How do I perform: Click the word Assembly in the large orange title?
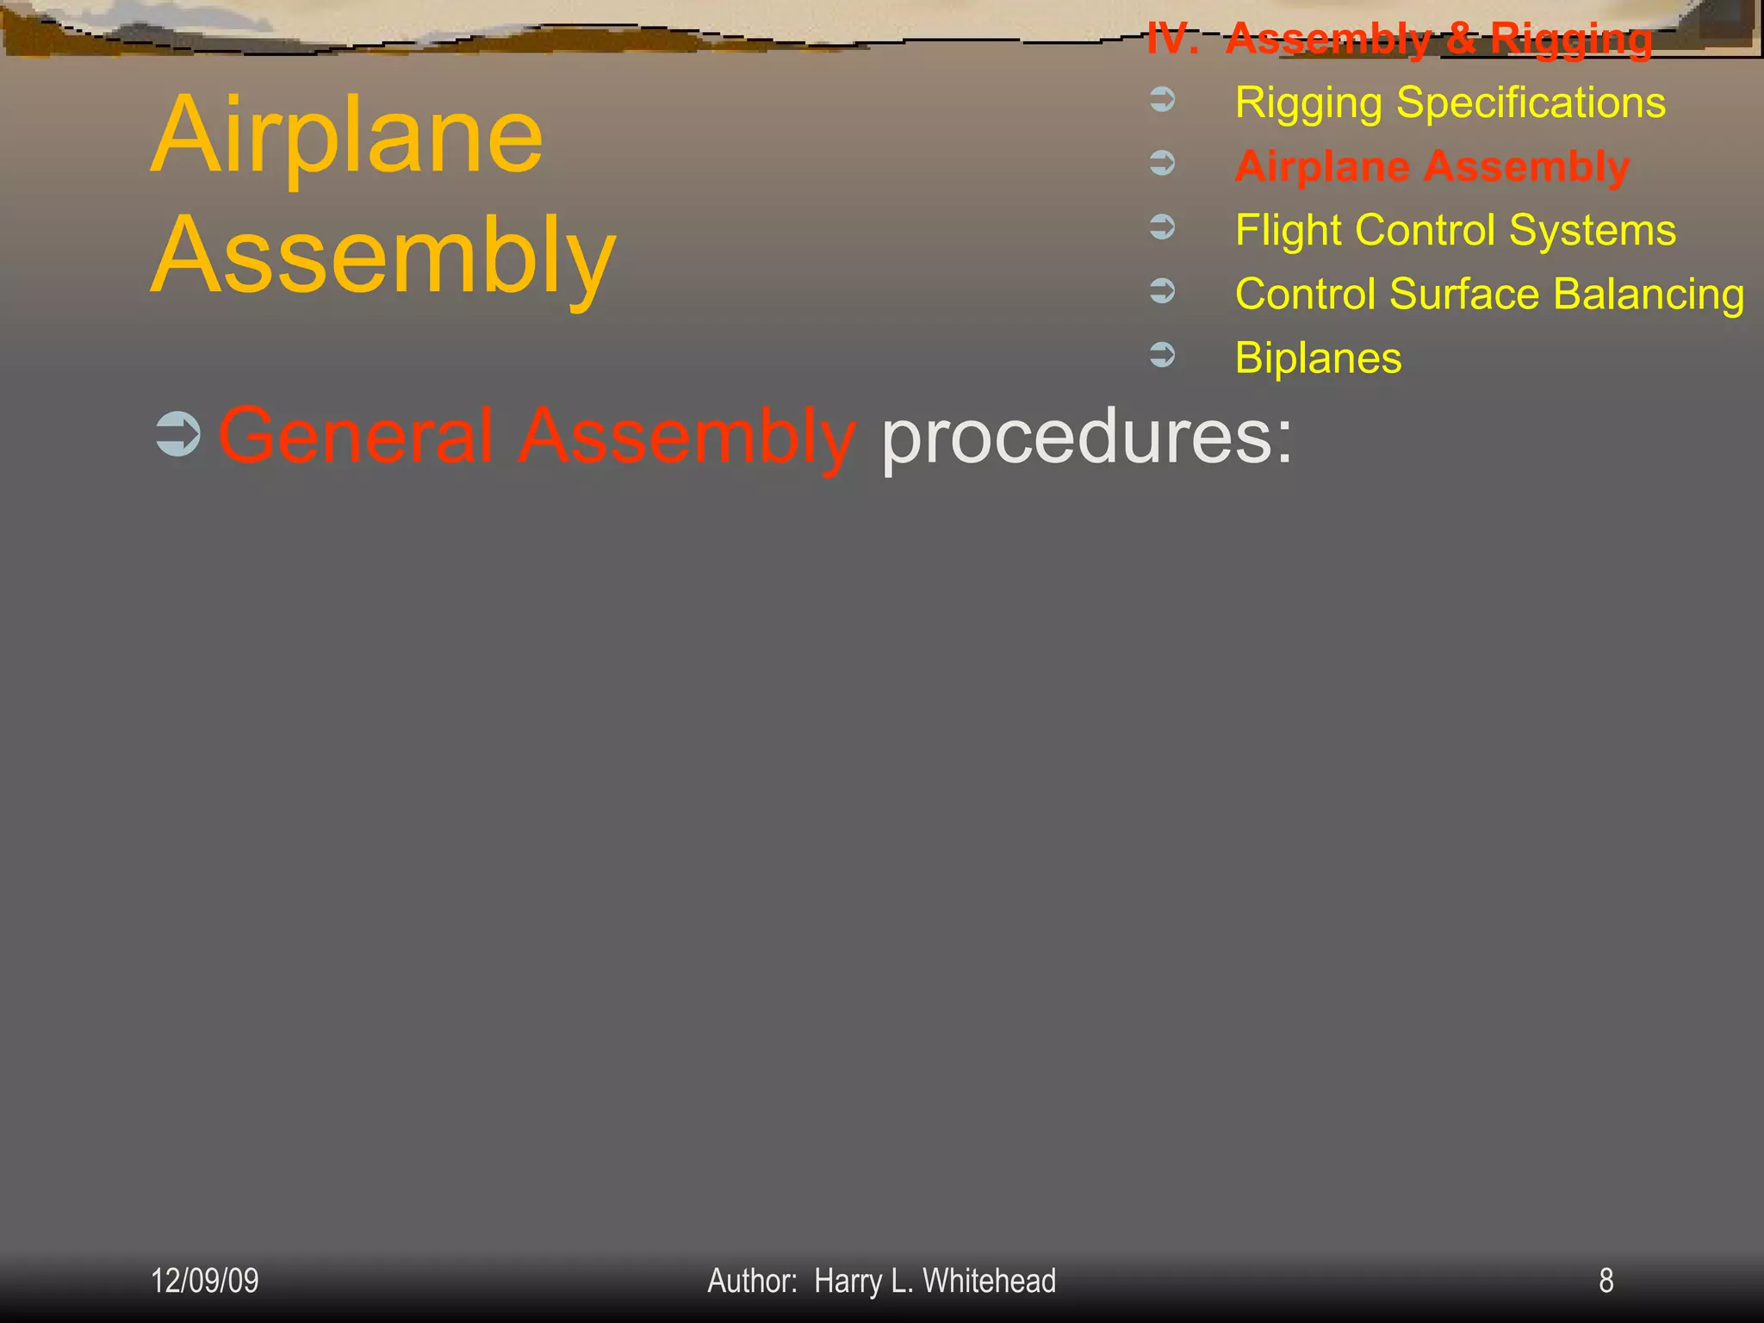(x=383, y=257)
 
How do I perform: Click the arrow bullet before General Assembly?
(x=178, y=435)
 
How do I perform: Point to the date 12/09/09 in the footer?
(x=205, y=1281)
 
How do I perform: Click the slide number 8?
(x=1606, y=1281)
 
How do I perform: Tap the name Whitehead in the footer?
(x=989, y=1281)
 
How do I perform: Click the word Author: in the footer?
(x=752, y=1281)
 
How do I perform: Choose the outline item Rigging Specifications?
(x=1450, y=103)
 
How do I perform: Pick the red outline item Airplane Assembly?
(x=1432, y=167)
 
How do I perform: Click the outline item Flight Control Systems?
(x=1455, y=231)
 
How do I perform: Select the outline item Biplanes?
(x=1318, y=358)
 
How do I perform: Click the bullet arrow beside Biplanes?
(x=1163, y=355)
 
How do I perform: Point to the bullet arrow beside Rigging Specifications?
(x=1163, y=100)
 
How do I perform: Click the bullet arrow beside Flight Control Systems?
(x=1163, y=227)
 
